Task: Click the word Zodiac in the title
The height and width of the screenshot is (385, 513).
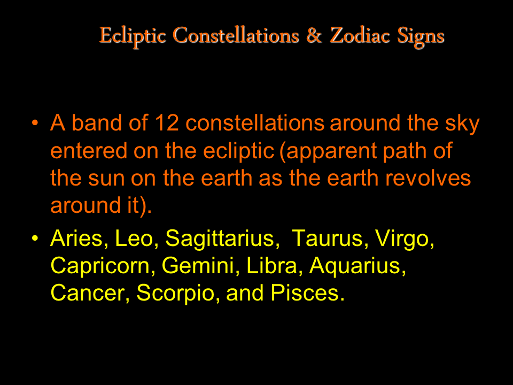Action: tap(360, 35)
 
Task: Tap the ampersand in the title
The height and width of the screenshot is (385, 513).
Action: tap(314, 35)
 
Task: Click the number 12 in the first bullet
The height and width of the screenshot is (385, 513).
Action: tap(167, 123)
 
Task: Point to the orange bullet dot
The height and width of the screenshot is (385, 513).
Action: tap(35, 124)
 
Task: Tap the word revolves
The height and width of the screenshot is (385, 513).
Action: tap(428, 179)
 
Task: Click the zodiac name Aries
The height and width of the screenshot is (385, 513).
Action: tap(76, 238)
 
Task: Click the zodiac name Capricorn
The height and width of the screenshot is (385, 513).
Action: tap(100, 266)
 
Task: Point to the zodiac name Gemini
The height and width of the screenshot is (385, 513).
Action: tap(198, 266)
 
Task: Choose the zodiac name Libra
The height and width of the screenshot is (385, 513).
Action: tap(271, 266)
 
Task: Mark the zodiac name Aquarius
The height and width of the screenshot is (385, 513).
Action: tap(355, 266)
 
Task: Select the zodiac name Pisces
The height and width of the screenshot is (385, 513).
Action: tap(305, 292)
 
